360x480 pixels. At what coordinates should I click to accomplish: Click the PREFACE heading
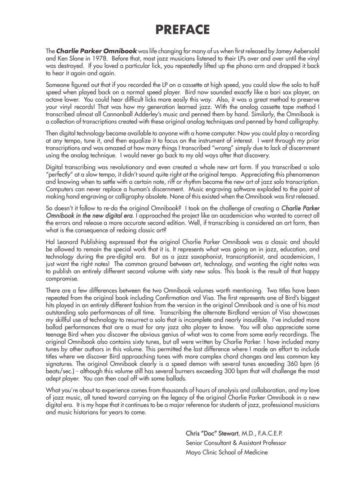click(x=182, y=30)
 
